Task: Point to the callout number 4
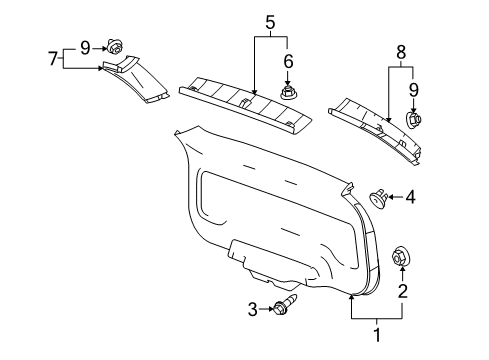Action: coord(409,198)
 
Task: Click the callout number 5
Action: coord(269,20)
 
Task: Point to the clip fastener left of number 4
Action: coord(379,198)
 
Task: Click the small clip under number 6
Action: coord(290,92)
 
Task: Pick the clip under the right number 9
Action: coord(413,122)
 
